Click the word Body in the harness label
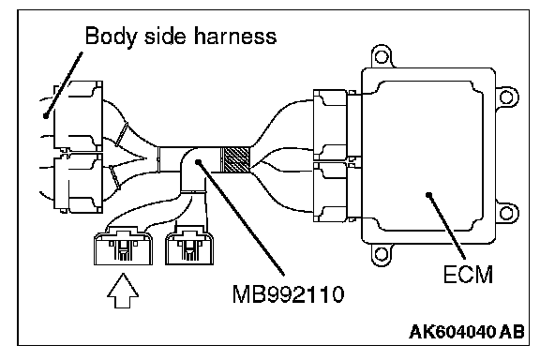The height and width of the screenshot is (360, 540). [110, 37]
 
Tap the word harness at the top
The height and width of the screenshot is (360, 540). [235, 36]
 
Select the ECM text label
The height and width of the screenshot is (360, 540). [468, 275]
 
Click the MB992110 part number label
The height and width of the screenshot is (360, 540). [288, 294]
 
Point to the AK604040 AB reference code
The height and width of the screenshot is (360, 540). [467, 332]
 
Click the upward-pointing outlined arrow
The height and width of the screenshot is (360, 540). [123, 291]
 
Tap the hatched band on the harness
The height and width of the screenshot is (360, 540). [234, 159]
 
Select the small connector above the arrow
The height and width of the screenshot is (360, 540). [124, 246]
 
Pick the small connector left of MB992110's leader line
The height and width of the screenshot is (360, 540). [189, 246]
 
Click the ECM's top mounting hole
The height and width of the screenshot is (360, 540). [381, 56]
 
